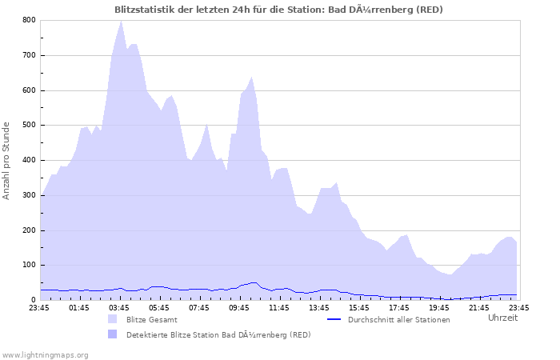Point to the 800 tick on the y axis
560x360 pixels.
pos(30,20)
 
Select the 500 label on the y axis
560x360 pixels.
pos(30,126)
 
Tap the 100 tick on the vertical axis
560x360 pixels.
pos(30,266)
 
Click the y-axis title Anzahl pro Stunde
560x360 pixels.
pos(7,160)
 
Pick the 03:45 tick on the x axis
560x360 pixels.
pos(119,307)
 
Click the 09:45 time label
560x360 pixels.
pos(239,307)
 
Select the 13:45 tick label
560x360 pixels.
pos(319,307)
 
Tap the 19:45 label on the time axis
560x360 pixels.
pos(439,307)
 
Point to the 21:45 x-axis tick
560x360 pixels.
pos(479,307)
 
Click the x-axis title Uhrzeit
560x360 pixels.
pos(502,318)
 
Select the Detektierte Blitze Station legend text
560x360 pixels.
pos(218,334)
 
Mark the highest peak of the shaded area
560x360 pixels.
pos(121,21)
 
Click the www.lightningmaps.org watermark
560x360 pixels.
pos(45,354)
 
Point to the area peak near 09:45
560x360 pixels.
pos(251,78)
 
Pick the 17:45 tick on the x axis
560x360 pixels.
pos(399,307)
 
